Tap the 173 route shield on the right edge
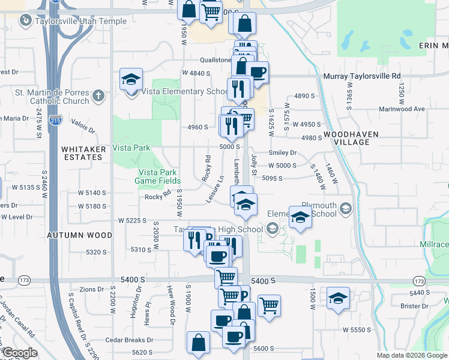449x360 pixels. (x=418, y=280)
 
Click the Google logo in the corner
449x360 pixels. (x=20, y=353)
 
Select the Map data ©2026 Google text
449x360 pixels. (x=412, y=355)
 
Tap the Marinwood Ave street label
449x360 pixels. (x=402, y=109)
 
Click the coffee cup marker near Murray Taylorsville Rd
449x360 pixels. (x=257, y=73)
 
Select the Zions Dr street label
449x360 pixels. (x=92, y=289)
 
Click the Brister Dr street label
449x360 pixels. (x=415, y=306)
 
